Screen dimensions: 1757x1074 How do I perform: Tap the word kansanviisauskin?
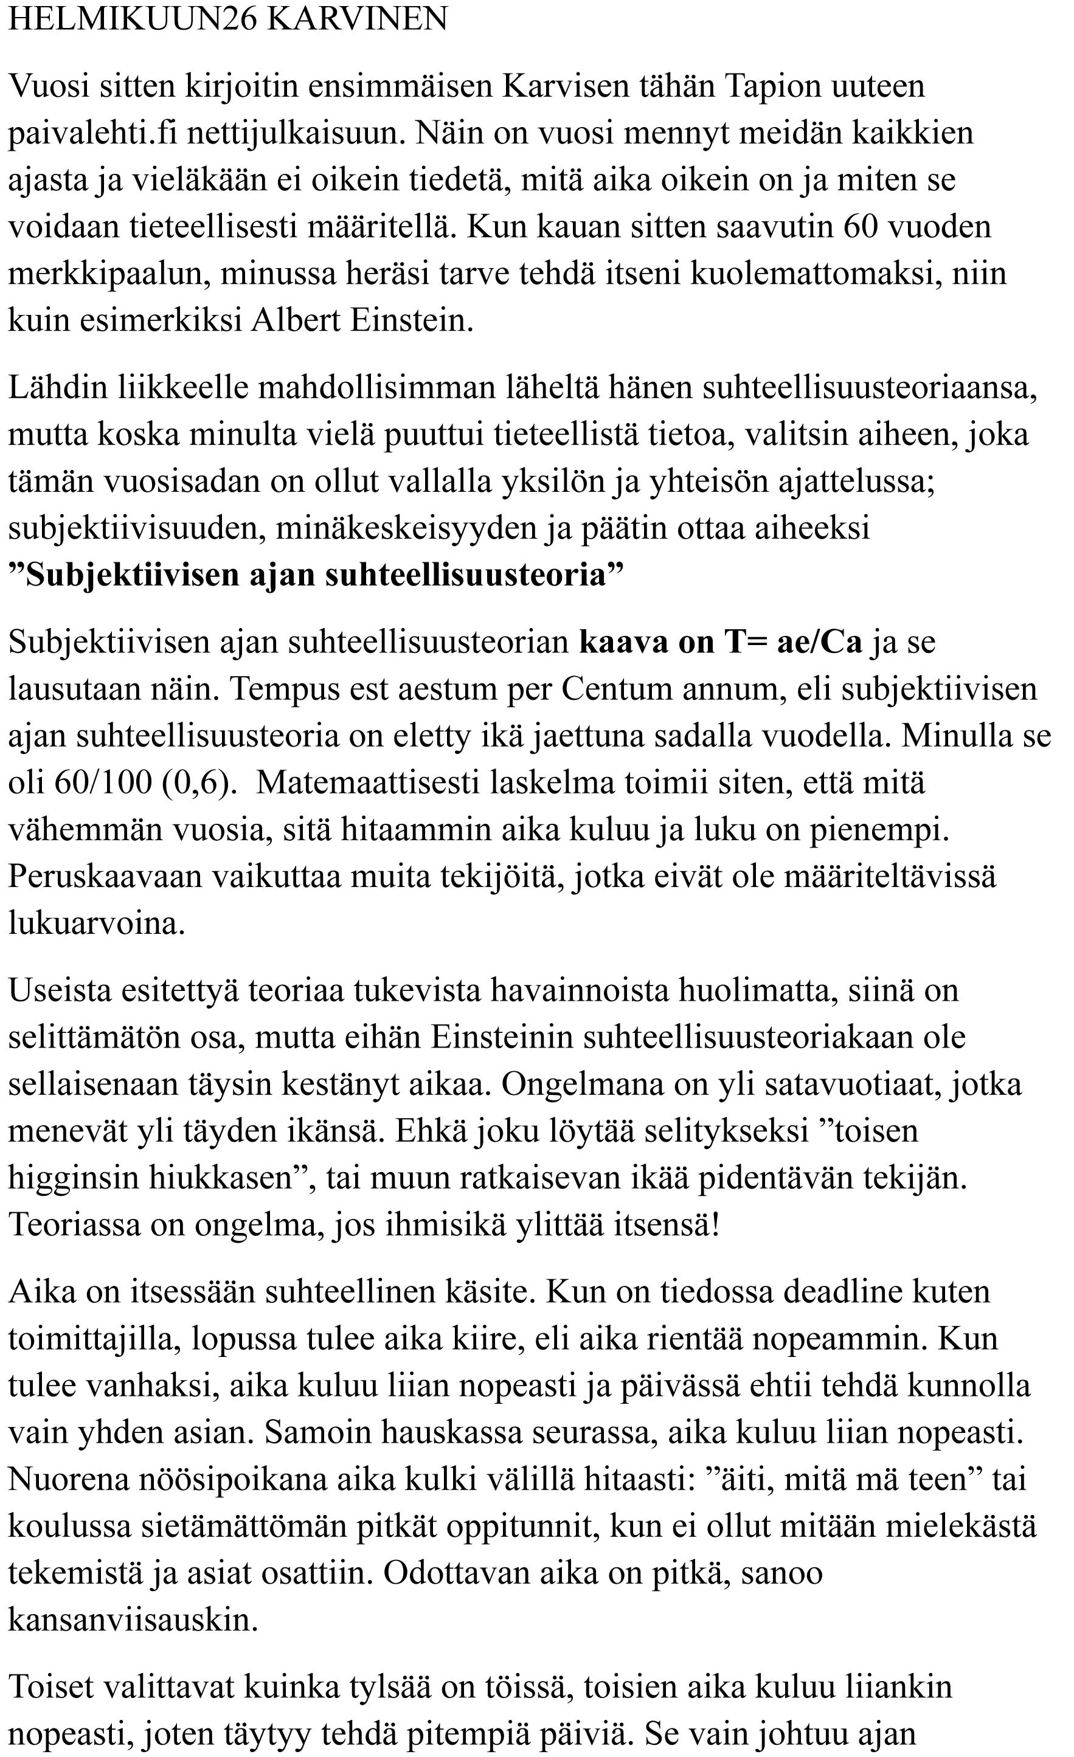[133, 1621]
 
